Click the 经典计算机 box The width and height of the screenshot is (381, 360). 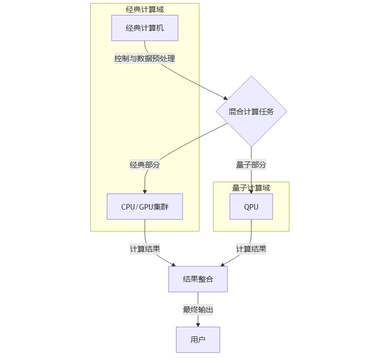coord(144,28)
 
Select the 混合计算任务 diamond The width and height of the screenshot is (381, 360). coord(251,111)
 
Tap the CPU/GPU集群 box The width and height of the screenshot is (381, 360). coord(144,207)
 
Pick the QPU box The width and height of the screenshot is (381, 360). coord(251,207)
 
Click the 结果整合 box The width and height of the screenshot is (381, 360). coord(198,279)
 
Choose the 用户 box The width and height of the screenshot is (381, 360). coord(198,339)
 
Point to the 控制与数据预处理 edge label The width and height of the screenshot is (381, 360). coord(144,59)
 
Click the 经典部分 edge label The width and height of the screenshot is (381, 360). coord(145,164)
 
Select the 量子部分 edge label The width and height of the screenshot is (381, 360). coord(251,164)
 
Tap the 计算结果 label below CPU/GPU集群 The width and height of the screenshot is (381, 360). coord(145,249)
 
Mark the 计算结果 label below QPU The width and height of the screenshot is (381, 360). coord(251,249)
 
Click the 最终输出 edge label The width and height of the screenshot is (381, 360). coord(198,309)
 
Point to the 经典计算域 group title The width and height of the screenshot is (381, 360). coord(144,9)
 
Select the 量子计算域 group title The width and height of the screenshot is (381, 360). coord(251,188)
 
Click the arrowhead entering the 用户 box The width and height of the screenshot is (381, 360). coord(198,324)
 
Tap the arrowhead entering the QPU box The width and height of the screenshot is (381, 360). coord(251,192)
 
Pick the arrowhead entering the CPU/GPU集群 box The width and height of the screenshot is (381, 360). coord(145,191)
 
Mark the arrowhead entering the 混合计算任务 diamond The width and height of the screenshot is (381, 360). coord(226,99)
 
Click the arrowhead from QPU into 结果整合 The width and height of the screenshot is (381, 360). coord(223,264)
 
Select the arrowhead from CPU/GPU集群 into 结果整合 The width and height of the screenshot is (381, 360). coord(173,264)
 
